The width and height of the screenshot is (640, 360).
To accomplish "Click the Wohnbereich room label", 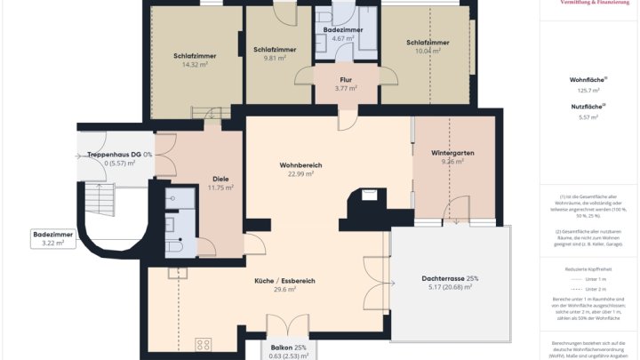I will [300, 165].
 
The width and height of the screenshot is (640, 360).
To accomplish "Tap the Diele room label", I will [220, 178].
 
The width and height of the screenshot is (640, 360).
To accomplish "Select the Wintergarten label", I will [452, 153].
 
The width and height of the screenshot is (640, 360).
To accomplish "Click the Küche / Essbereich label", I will [284, 281].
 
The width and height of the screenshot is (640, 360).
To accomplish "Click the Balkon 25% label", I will [288, 347].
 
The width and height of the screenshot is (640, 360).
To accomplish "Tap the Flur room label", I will [346, 79].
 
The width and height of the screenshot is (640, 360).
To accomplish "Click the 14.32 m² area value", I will [195, 65].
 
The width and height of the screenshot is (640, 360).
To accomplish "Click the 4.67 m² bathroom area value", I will [342, 39].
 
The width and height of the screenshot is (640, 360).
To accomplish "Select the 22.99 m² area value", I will [300, 174].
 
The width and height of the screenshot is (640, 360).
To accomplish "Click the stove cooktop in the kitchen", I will [203, 344].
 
